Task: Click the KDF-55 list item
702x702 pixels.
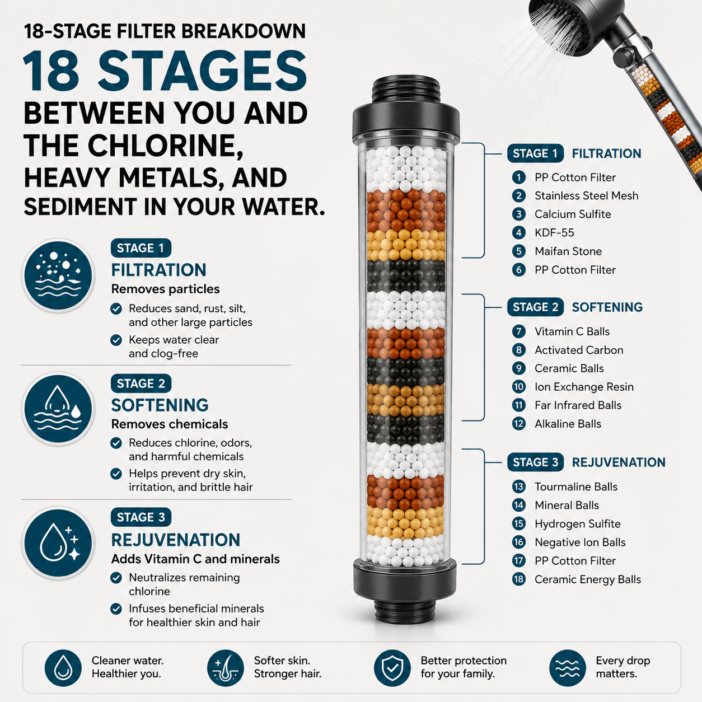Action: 554,232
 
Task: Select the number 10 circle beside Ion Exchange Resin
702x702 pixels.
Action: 519,386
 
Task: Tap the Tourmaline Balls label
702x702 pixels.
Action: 576,486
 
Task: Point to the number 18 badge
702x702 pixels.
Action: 519,579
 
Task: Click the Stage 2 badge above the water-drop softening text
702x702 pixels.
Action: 141,383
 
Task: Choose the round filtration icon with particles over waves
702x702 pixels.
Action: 58,275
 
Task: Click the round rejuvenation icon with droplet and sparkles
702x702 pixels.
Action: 58,542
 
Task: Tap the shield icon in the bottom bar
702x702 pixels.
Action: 392,668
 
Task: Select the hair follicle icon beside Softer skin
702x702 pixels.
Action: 226,668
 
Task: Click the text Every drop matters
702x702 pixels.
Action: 623,667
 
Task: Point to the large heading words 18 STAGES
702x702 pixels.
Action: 165,71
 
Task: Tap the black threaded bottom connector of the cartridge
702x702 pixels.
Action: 405,607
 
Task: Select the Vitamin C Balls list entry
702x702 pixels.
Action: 572,331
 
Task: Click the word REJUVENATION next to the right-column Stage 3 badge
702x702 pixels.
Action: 619,462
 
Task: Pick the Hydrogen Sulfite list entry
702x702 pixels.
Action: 577,524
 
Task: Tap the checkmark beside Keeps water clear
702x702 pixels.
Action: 116,340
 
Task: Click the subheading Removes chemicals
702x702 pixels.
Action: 170,424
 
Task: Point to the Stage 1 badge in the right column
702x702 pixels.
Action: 535,153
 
